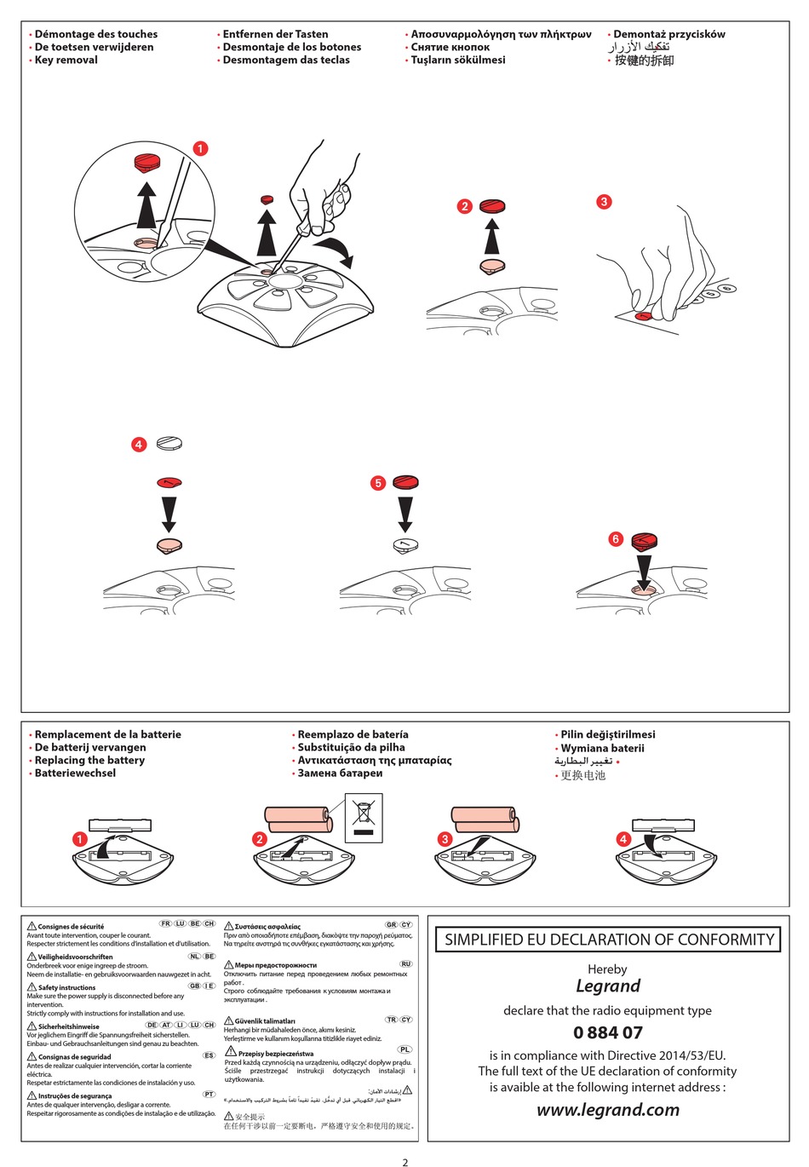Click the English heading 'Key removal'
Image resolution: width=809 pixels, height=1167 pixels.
pos(66,60)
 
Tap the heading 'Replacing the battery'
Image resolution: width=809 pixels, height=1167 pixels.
pos(89,760)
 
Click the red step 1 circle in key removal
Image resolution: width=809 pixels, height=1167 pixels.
pos(200,148)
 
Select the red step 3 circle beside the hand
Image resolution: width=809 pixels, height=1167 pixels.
pos(604,202)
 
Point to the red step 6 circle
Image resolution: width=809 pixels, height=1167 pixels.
pos(616,538)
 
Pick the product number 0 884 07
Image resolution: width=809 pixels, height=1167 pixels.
pos(607,1032)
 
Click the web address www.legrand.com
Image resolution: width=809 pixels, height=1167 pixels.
pos(607,1110)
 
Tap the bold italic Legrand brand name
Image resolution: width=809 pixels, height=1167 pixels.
pos(607,986)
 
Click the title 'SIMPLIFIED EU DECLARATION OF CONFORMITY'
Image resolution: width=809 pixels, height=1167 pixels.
pos(608,940)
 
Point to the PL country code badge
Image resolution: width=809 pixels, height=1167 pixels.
pos(405,1049)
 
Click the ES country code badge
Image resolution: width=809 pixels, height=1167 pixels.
pos(209,1055)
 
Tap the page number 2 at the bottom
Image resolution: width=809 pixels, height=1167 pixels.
pos(405,1161)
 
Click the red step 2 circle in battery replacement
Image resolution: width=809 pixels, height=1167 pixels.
pos(260,839)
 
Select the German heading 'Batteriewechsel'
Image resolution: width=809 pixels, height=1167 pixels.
pos(75,773)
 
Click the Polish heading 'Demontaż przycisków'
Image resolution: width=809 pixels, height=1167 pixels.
pos(669,34)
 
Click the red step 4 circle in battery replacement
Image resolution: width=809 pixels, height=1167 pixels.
pos(623,839)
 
